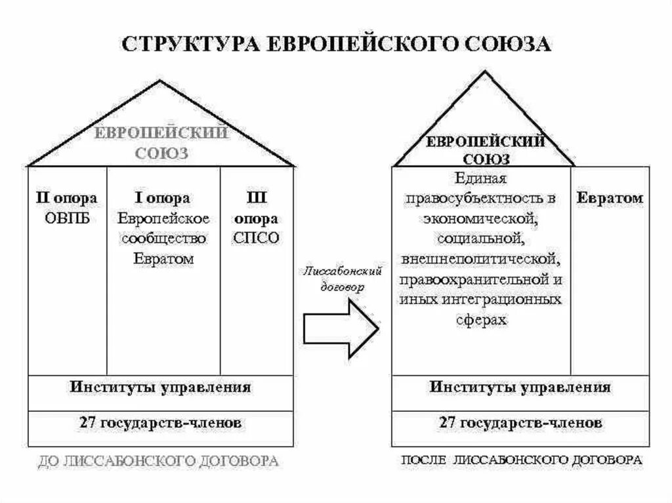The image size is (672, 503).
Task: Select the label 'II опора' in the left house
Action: (66, 198)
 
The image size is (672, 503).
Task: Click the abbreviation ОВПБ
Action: (66, 218)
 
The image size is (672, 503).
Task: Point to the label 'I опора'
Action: (163, 198)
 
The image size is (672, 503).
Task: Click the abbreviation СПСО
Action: (256, 238)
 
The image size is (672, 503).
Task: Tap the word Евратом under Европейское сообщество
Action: (163, 258)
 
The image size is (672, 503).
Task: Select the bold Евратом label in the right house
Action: (610, 198)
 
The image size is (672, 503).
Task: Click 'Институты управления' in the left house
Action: (160, 386)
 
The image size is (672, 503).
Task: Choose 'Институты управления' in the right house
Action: (520, 386)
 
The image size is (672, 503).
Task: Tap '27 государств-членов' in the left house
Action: (160, 423)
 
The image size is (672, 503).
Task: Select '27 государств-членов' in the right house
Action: (520, 423)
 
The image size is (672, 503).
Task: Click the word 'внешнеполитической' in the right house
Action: (482, 258)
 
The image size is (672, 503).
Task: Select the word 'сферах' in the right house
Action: (482, 319)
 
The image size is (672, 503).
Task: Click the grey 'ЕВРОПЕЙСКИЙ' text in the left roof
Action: (161, 133)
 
